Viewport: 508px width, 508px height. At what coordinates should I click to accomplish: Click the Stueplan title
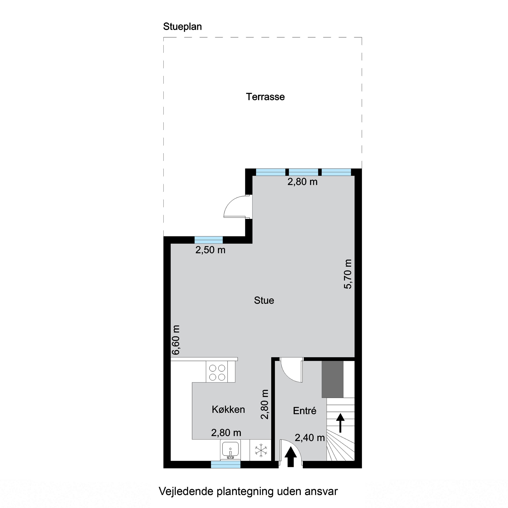pos(183,27)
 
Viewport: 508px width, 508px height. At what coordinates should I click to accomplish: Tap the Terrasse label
pos(265,97)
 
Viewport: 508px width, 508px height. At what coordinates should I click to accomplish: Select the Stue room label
pos(264,300)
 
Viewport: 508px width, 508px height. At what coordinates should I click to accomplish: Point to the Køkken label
pos(228,409)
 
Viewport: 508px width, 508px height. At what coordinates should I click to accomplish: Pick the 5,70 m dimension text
pos(348,274)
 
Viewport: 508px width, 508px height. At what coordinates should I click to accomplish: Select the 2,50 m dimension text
pos(210,250)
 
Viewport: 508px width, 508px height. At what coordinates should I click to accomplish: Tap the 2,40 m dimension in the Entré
pos(310,438)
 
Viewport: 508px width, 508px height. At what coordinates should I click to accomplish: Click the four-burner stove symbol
pos(217,373)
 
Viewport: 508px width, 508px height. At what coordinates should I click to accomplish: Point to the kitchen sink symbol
pos(230,450)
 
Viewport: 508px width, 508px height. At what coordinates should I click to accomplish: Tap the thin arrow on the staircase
pos(341,423)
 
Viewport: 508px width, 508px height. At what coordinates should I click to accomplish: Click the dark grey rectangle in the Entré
pos(333,379)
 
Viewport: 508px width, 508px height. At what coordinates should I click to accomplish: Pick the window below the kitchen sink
pos(226,465)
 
